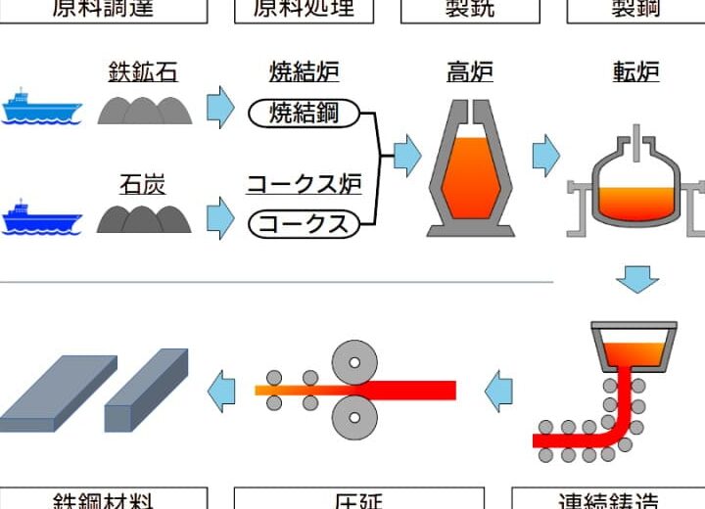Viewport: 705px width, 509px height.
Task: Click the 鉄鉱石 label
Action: point(143,72)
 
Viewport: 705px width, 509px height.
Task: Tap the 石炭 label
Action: point(143,183)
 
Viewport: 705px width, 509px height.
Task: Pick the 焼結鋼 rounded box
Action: point(304,114)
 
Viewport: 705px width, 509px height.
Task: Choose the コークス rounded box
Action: point(304,224)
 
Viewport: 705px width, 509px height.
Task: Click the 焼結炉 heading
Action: point(304,72)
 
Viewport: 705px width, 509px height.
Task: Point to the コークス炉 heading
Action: point(304,183)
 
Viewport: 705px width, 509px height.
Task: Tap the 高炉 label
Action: point(470,72)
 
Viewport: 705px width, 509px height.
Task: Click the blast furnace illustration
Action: point(470,166)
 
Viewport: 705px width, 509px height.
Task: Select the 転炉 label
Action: point(636,72)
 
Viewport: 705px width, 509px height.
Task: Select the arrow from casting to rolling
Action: point(499,390)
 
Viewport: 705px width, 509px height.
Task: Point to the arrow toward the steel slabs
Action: point(222,390)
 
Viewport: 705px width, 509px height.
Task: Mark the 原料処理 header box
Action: point(304,10)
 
